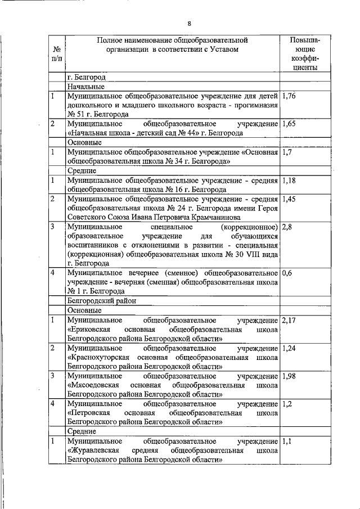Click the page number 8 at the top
[190, 23]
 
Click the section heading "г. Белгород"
[85, 78]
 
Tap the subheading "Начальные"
[84, 87]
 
